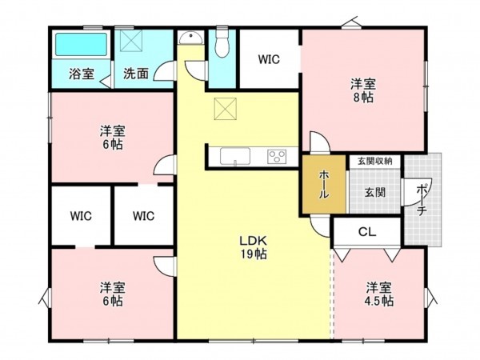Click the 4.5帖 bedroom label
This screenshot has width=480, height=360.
click(x=380, y=294)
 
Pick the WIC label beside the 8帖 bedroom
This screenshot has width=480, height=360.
click(x=268, y=58)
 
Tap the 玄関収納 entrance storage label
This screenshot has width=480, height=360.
click(x=374, y=161)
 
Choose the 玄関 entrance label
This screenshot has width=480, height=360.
click(x=374, y=192)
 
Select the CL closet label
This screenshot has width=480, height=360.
click(x=367, y=232)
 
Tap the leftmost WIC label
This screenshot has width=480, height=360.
click(x=81, y=215)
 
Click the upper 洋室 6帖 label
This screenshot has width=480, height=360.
click(x=112, y=137)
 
